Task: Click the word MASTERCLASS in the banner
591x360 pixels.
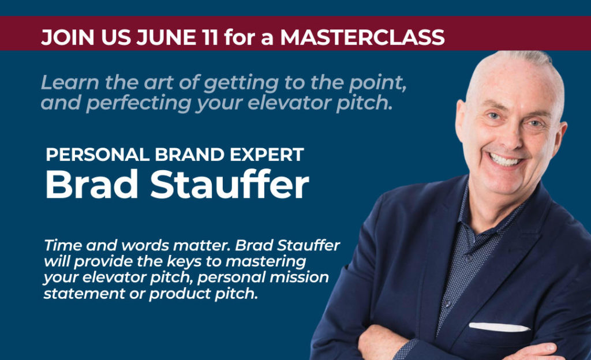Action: (x=362, y=37)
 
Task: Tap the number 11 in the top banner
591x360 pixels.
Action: (x=210, y=37)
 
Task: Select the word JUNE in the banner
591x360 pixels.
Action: (x=166, y=37)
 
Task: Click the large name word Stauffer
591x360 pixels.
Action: (x=230, y=184)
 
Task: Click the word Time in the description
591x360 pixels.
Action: (x=63, y=245)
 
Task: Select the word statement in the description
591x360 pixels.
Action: (x=84, y=294)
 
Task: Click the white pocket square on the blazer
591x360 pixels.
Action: (x=499, y=327)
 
